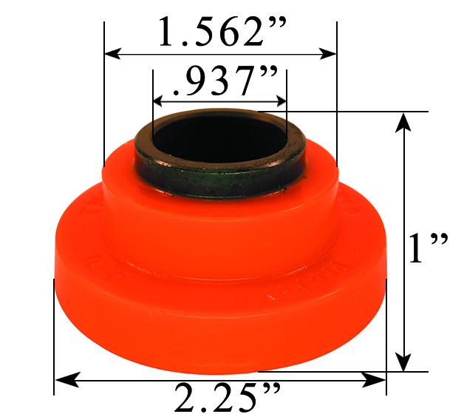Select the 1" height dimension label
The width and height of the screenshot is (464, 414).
[429, 249]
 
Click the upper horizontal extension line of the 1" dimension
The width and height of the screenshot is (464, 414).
[355, 112]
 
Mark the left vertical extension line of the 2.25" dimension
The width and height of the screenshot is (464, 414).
[55, 333]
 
